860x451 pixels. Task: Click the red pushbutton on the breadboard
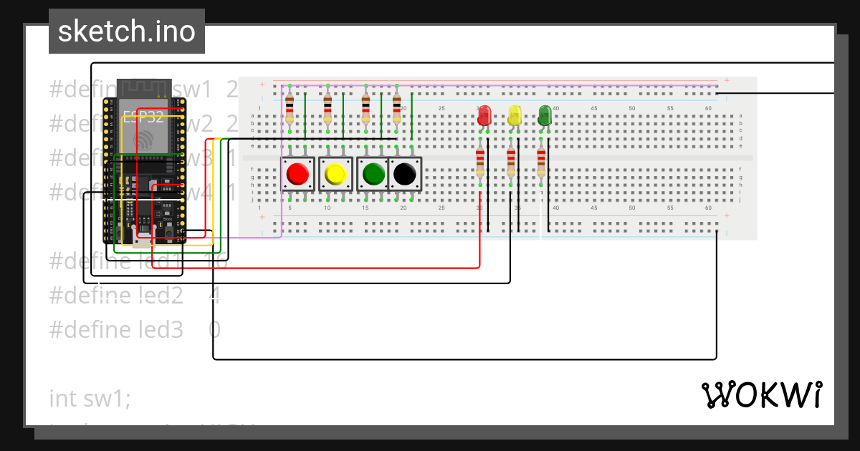click(297, 174)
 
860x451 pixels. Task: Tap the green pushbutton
click(373, 174)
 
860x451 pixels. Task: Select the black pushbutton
click(405, 174)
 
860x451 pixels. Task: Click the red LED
click(484, 115)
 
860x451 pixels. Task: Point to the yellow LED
click(515, 115)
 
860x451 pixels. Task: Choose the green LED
click(545, 115)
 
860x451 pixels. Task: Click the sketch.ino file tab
click(127, 31)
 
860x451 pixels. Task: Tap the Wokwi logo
click(761, 394)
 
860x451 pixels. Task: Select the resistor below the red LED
click(480, 163)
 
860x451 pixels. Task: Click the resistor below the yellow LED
click(510, 163)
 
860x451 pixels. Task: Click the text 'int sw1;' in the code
click(90, 398)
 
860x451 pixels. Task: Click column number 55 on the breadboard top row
click(669, 108)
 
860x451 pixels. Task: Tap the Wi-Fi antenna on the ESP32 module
click(144, 87)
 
